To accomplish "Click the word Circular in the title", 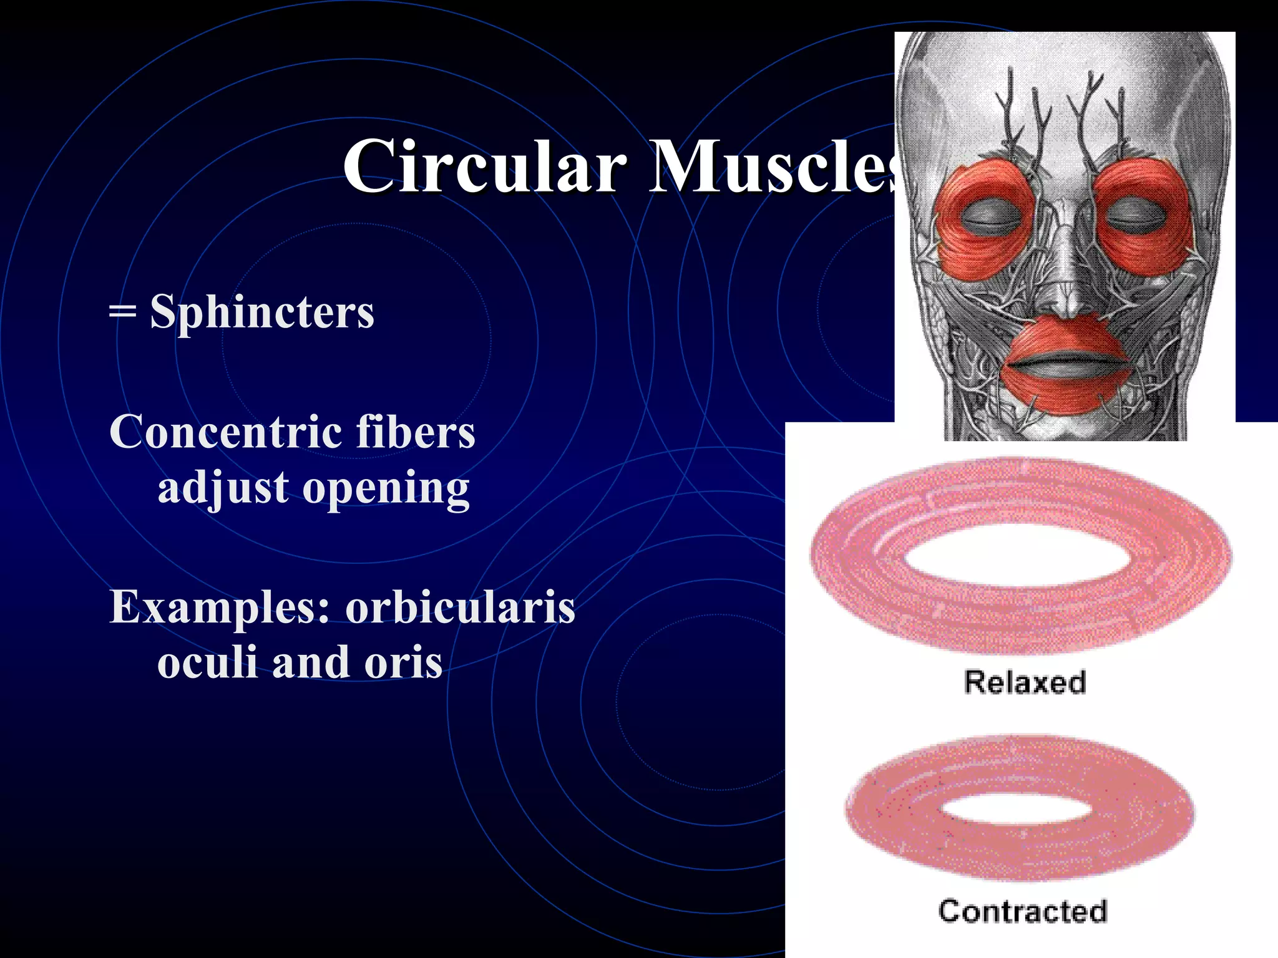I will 484,167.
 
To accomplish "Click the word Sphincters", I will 262,312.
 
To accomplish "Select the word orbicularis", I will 460,606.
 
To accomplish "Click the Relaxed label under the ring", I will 1025,682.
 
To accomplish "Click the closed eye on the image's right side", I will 1136,216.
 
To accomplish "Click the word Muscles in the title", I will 774,167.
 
